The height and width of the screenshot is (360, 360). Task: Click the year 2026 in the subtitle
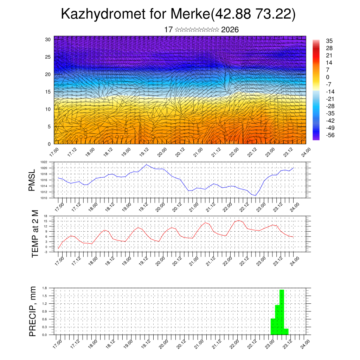(x=230, y=30)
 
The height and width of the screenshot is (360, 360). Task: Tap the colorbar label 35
(x=329, y=41)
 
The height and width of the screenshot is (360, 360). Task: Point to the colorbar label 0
(x=328, y=77)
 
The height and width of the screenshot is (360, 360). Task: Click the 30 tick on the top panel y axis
(x=48, y=39)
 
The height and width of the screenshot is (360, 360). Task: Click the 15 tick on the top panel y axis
(x=48, y=92)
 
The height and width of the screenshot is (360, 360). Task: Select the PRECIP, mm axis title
(x=33, y=311)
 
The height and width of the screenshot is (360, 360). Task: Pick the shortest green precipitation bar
(x=286, y=332)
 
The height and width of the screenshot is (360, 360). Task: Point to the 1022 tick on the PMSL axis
(x=44, y=162)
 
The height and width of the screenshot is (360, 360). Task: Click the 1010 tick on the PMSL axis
(x=44, y=198)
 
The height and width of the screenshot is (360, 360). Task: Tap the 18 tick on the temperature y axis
(x=45, y=216)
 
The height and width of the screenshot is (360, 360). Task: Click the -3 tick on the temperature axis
(x=45, y=252)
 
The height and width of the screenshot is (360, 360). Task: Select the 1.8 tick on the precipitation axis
(x=45, y=288)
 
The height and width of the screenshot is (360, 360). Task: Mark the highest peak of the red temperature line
(x=239, y=220)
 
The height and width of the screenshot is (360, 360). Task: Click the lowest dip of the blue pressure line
(x=256, y=195)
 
